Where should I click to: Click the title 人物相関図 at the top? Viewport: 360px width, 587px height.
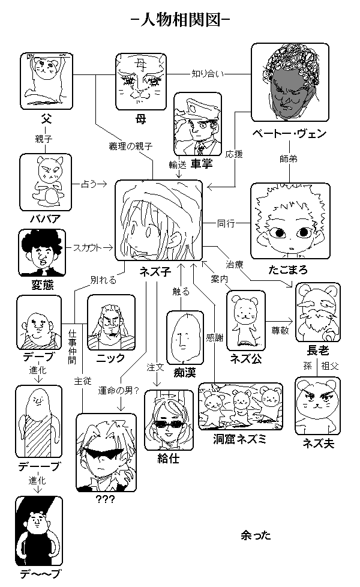[180, 19]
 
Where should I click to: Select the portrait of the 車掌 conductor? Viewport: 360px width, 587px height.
[198, 125]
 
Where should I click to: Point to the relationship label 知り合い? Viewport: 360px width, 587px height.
[207, 74]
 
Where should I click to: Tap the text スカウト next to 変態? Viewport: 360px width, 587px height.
[86, 247]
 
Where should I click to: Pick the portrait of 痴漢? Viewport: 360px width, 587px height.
[182, 337]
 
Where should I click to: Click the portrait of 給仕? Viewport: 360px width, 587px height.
[169, 420]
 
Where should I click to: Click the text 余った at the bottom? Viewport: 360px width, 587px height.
[255, 534]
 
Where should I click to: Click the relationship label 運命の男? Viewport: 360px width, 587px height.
[118, 391]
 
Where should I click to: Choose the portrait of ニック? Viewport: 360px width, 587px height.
[111, 323]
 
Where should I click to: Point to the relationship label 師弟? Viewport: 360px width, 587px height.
[288, 160]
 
